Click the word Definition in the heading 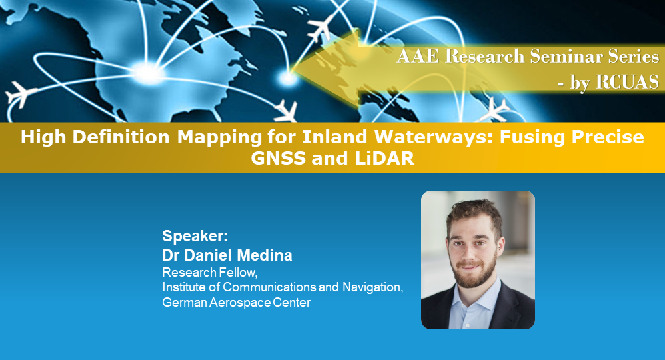[x=130, y=138]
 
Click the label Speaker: [x=195, y=236]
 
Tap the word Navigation [x=374, y=287]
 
